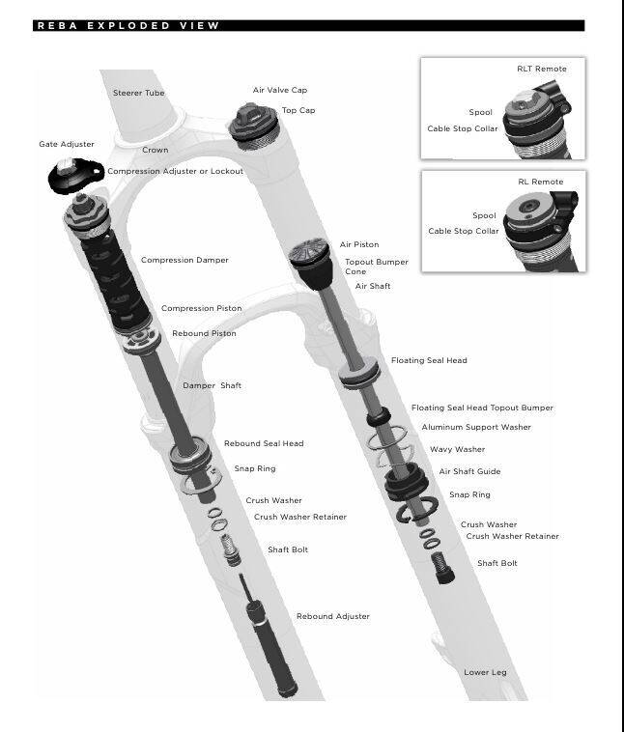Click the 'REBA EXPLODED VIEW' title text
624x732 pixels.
click(128, 26)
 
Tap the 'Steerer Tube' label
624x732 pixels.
click(139, 93)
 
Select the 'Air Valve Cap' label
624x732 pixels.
click(280, 90)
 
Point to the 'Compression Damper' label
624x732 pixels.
click(184, 260)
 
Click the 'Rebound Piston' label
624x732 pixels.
click(204, 333)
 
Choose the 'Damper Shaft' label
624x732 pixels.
click(213, 385)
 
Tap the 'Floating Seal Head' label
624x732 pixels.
click(429, 360)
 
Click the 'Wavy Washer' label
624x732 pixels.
click(457, 449)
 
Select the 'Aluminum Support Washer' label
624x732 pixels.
click(476, 427)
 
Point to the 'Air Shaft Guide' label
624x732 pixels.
click(469, 471)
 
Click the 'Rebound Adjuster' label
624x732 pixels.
click(332, 616)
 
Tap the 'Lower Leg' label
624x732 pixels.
click(485, 672)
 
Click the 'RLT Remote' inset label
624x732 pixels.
click(542, 69)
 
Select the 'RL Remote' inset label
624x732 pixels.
click(540, 182)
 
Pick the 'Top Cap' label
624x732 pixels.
click(298, 110)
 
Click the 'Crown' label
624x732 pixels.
click(155, 150)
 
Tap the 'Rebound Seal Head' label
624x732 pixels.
click(264, 443)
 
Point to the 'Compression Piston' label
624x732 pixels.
click(201, 308)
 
